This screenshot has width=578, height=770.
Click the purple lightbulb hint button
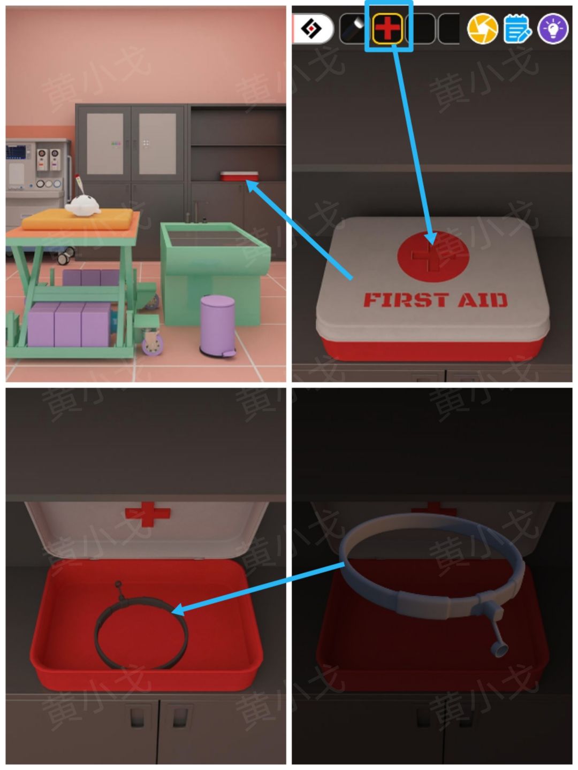553,28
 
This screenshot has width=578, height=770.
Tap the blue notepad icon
518,28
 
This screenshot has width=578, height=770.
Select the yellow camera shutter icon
482,28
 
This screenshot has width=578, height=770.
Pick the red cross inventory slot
387,28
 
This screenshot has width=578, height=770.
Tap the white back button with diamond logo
313,28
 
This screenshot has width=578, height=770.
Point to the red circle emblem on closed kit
433,256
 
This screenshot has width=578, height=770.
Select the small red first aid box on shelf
239,176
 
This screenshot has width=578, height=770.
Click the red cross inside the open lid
148,513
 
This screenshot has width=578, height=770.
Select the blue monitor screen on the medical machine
16,152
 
